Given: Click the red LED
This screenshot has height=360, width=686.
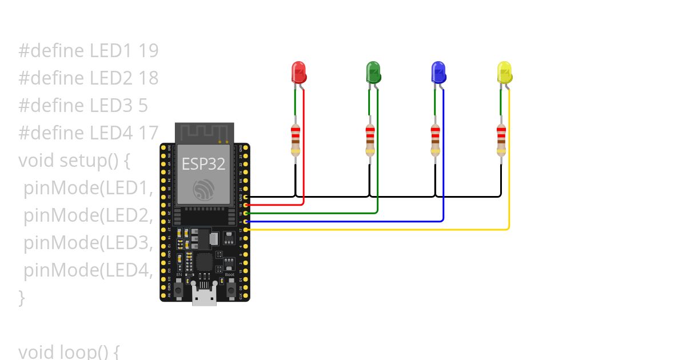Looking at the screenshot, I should point(299,73).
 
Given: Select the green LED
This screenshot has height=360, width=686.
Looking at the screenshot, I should point(373,73).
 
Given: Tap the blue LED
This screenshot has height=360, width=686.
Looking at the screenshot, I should point(438,73).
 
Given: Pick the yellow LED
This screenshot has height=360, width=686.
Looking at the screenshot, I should point(504,73).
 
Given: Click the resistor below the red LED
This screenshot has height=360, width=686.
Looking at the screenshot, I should point(295,140).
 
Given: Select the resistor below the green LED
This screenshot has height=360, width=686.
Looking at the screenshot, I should point(370,140).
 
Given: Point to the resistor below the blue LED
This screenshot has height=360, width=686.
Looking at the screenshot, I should point(436,140).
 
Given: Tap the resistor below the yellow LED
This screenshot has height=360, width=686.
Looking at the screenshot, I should point(501,140).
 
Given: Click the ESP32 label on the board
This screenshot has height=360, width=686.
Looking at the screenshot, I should point(204,164).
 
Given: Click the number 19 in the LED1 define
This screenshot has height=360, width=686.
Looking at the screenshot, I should point(148,51).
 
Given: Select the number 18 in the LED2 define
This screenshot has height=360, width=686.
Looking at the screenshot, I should point(148,78).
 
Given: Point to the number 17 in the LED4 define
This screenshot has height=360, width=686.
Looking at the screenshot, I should point(148,133).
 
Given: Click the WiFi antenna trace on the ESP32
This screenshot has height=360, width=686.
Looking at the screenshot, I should point(204,133).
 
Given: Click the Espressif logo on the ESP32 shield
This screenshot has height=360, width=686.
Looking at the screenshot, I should point(204,189).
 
